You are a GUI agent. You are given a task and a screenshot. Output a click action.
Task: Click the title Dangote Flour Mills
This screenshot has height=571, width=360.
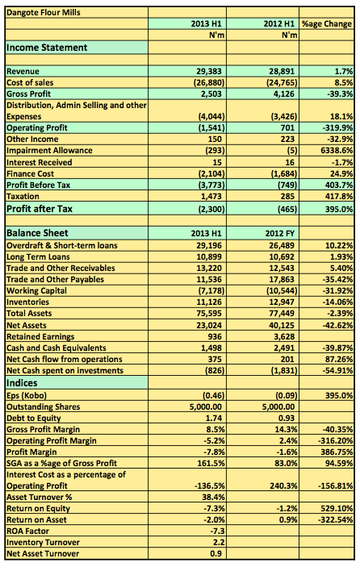[44, 12]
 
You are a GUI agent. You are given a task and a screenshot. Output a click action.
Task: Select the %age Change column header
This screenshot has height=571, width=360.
[327, 24]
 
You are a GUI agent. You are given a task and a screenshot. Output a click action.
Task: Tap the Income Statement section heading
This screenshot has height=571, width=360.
[47, 48]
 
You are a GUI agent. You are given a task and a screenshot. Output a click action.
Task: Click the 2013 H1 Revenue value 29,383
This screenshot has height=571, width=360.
[209, 71]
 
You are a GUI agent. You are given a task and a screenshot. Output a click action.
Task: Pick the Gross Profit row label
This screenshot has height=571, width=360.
[28, 94]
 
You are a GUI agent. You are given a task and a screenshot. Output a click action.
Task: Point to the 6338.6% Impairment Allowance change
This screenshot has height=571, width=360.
[337, 150]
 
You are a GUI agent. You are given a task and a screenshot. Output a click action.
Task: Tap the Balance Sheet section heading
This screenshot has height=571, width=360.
[37, 233]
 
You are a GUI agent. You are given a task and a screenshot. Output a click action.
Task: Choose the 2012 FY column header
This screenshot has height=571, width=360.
[279, 233]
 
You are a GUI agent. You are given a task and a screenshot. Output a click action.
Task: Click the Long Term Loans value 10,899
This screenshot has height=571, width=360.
[209, 256]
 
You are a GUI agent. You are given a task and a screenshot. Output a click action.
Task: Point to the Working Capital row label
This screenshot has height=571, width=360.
[36, 290]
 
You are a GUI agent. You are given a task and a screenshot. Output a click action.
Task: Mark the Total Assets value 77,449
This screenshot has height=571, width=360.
[282, 313]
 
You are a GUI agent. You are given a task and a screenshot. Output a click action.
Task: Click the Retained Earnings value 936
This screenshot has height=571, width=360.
[215, 336]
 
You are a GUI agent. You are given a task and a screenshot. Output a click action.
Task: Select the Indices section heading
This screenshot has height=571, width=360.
[22, 383]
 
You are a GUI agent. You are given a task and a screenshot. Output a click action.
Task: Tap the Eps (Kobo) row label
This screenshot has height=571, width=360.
[27, 395]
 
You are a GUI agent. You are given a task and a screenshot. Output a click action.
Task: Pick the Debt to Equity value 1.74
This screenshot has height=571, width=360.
[214, 418]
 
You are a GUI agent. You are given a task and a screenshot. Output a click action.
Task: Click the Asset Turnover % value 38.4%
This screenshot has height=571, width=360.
[213, 497]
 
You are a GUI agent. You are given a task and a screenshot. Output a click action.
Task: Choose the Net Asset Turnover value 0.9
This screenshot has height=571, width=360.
[216, 553]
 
